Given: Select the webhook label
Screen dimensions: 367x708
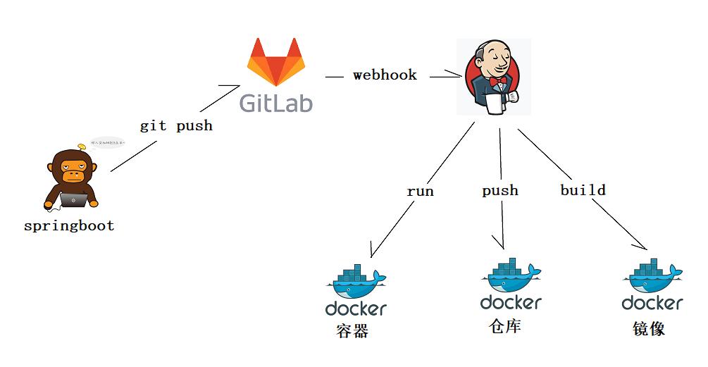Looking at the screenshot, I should coord(385,75).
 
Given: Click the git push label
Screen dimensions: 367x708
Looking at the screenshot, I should coord(176,126).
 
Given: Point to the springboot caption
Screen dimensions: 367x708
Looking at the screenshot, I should coord(69,226).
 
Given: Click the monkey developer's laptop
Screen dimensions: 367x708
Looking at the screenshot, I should coord(73,200).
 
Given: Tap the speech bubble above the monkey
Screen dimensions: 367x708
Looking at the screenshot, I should coord(106,143).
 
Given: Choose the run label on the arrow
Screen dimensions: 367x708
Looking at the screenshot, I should coord(420,191).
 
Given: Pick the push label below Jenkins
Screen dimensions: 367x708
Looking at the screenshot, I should coord(500,190).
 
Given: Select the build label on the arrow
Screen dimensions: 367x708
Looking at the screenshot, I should coord(583,190).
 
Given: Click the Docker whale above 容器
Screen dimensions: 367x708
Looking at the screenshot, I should coord(356,281).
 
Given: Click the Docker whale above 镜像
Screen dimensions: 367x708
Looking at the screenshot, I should coord(652,276).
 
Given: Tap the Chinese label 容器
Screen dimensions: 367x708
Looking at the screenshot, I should coord(352,331).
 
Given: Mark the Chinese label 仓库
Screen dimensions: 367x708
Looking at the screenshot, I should coord(505,325).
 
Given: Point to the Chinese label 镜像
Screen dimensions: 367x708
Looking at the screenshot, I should coord(649,329).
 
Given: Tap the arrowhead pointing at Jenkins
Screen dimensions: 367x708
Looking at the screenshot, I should coord(454,75).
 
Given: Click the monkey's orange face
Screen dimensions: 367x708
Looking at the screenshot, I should coord(73,168).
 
